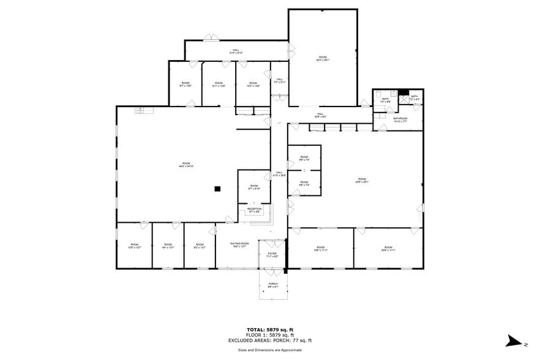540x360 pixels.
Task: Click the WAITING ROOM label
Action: pyautogui.click(x=239, y=245)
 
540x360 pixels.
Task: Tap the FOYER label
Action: pyautogui.click(x=272, y=255)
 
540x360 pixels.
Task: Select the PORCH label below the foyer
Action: pyautogui.click(x=273, y=285)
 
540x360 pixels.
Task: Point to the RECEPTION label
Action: pyautogui.click(x=254, y=210)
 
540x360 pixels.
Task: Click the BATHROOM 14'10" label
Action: pyautogui.click(x=400, y=119)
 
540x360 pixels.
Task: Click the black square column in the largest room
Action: pyautogui.click(x=217, y=189)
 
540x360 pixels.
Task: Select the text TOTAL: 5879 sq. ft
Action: pyautogui.click(x=270, y=329)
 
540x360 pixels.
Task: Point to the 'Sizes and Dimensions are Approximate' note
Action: pyautogui.click(x=270, y=350)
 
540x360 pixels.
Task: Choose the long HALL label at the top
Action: pyautogui.click(x=235, y=51)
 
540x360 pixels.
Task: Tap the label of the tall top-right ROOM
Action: pyautogui.click(x=323, y=59)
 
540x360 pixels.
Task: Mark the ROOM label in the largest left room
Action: pyautogui.click(x=186, y=165)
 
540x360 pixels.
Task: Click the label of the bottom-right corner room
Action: pyautogui.click(x=388, y=249)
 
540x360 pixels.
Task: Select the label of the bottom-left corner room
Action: pyautogui.click(x=134, y=246)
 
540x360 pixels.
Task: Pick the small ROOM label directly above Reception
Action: pyautogui.click(x=253, y=187)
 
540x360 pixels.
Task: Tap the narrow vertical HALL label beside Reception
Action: pyautogui.click(x=279, y=174)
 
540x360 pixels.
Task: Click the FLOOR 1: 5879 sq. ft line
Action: pyautogui.click(x=270, y=335)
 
